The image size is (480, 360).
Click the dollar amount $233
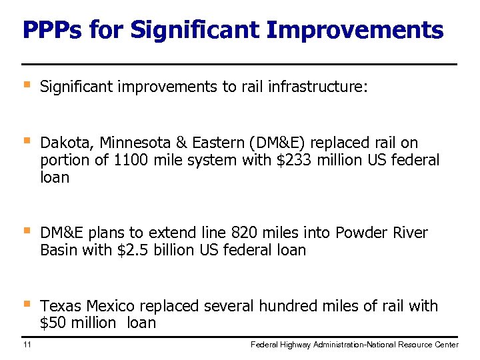293,160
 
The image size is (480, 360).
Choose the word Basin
59,250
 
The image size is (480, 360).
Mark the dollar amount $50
53,323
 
